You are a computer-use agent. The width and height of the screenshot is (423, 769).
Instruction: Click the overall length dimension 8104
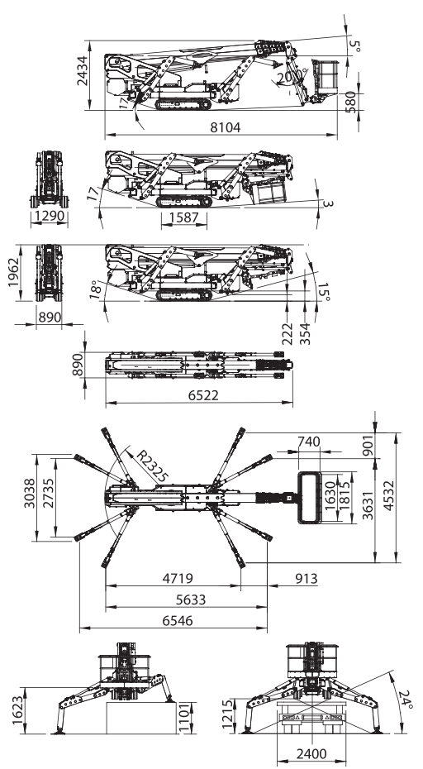[226, 127]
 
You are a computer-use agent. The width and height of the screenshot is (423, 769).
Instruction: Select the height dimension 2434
[83, 71]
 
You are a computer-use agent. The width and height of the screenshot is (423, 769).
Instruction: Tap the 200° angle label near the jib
[292, 77]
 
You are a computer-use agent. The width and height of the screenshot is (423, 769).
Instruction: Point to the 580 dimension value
[351, 102]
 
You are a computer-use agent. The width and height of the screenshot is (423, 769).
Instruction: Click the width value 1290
[49, 216]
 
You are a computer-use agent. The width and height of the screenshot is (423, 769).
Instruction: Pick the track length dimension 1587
[183, 217]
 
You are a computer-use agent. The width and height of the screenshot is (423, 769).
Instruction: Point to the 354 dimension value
[306, 333]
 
